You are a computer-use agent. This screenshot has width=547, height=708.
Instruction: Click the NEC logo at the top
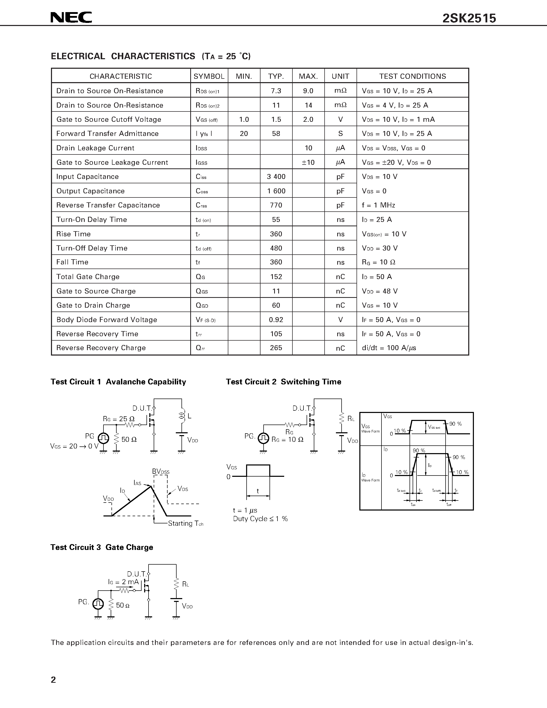[71, 18]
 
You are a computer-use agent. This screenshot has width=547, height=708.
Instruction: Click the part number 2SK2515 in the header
[469, 19]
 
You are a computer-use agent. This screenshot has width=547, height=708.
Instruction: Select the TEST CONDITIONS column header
[413, 76]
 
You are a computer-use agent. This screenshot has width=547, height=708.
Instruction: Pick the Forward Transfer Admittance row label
[107, 134]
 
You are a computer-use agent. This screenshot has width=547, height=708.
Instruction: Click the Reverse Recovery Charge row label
[101, 348]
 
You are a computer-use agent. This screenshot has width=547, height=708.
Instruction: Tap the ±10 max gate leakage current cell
[308, 162]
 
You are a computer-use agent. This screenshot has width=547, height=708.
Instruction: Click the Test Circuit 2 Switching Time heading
[284, 382]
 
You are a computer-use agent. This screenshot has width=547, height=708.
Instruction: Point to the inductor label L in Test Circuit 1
[189, 416]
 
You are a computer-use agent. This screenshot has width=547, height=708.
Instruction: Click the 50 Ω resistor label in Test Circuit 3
[123, 606]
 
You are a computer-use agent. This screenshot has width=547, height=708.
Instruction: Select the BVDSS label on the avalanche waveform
[161, 472]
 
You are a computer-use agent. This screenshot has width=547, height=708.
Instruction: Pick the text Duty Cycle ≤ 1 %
[260, 519]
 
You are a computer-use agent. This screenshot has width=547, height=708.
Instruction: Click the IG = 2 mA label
[123, 582]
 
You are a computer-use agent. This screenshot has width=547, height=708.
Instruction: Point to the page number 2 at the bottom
[54, 680]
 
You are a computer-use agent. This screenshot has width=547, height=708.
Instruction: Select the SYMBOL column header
[209, 76]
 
